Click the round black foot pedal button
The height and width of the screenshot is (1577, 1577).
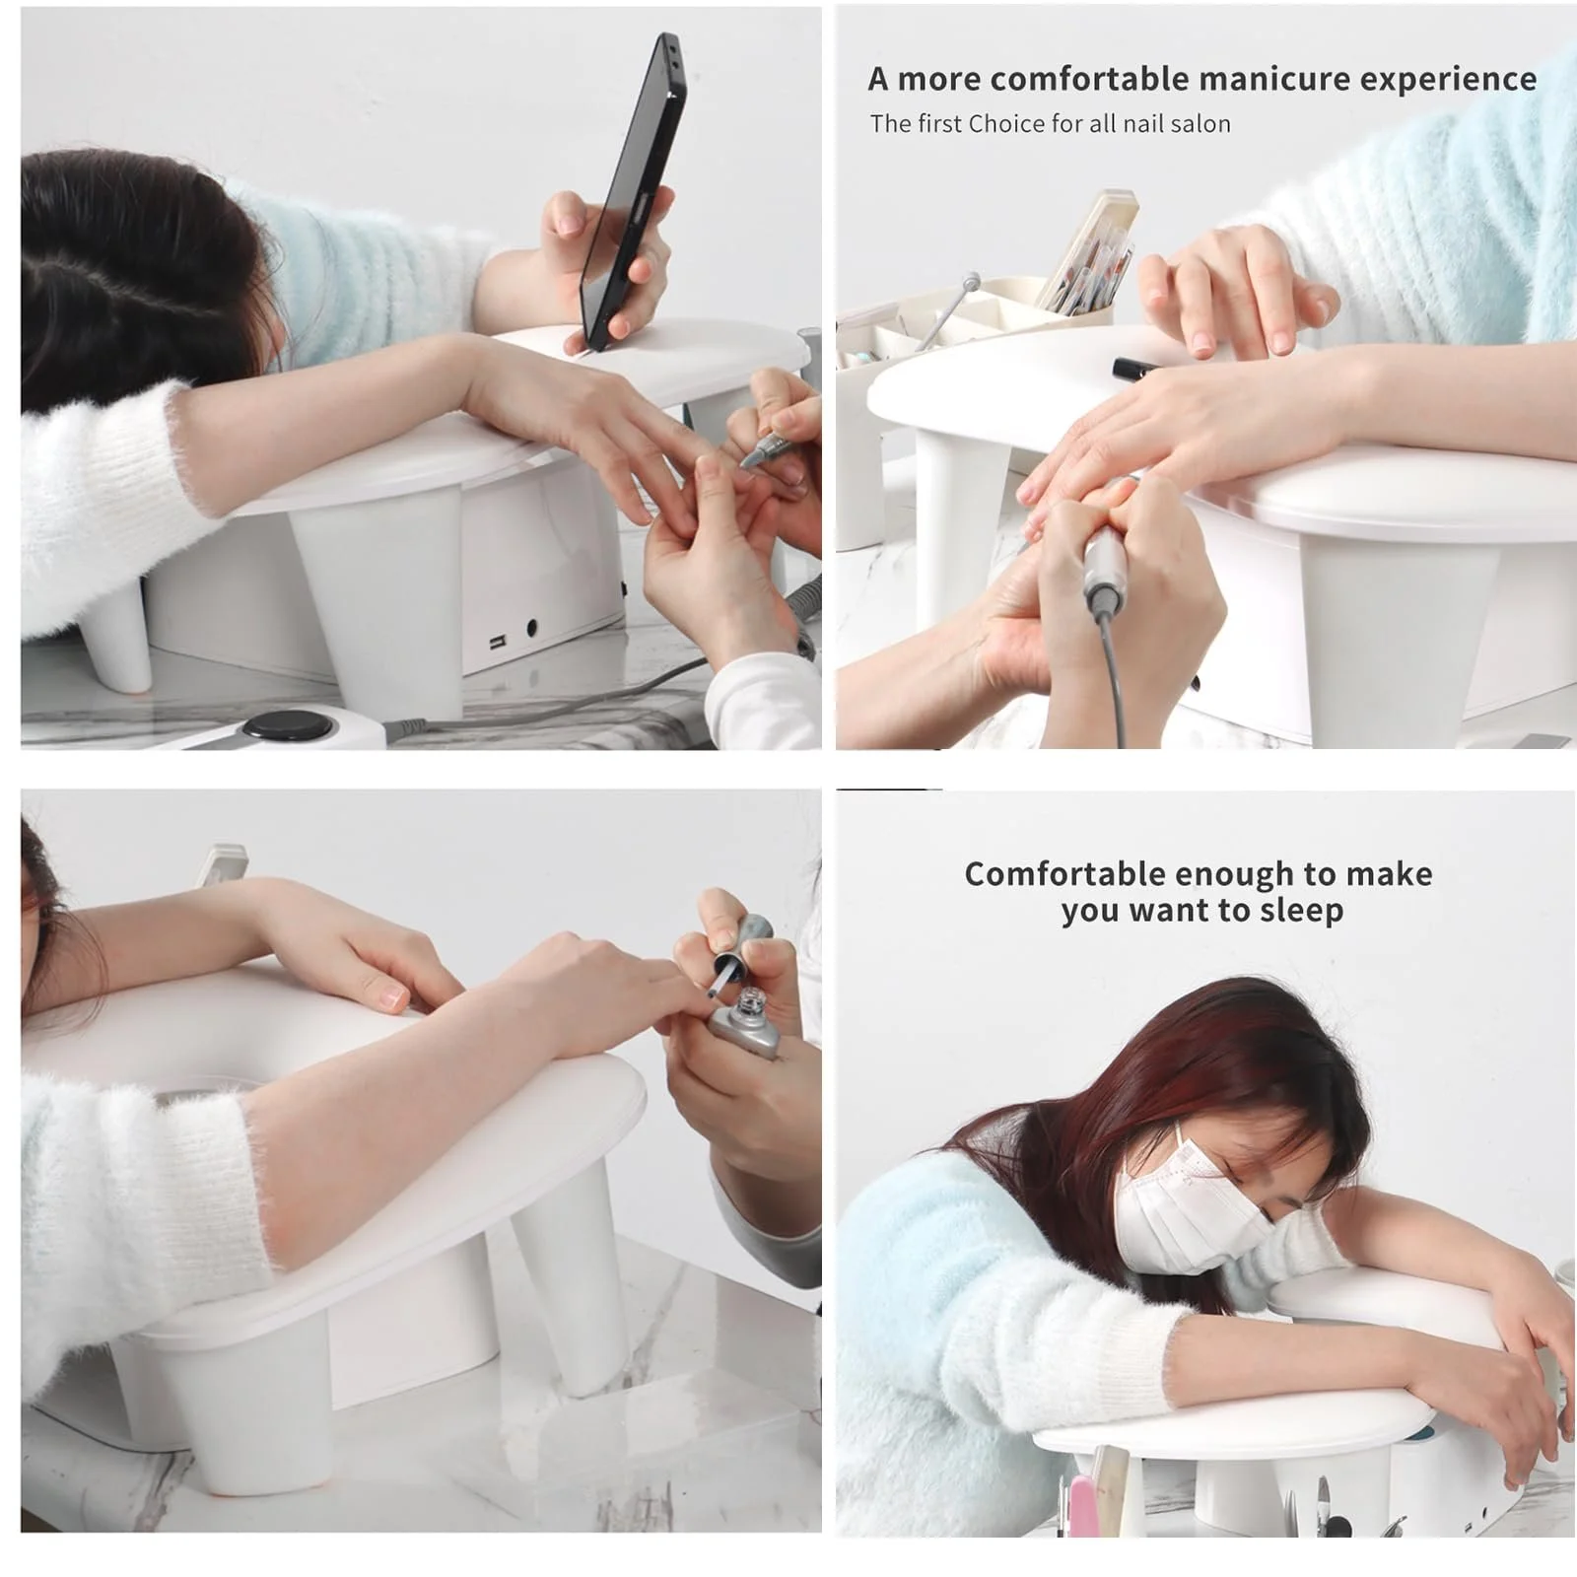pyautogui.click(x=288, y=724)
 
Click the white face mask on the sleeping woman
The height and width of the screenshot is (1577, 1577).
pyautogui.click(x=1188, y=1207)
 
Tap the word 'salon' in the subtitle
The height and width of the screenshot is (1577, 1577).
pyautogui.click(x=1199, y=124)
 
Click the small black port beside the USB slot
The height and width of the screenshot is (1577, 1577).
pyautogui.click(x=532, y=627)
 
